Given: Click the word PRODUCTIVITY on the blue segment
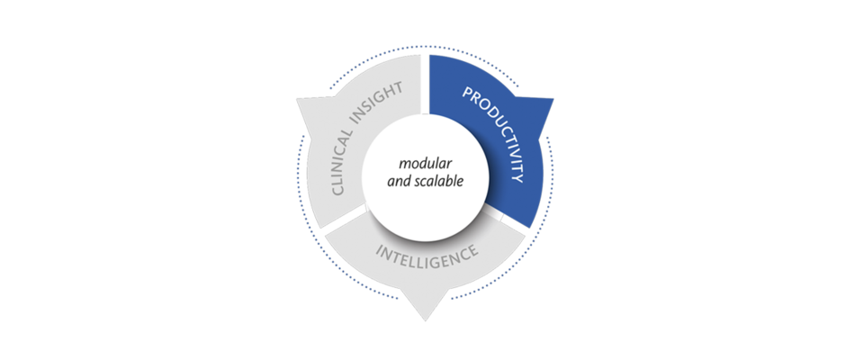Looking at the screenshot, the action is coord(497,131).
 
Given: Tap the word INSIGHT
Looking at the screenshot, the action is coord(384,101).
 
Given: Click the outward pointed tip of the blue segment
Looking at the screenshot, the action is coord(553,99).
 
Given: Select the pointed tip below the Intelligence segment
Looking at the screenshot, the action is coord(426,320).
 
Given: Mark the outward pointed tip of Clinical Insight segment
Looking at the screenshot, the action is coord(298,100).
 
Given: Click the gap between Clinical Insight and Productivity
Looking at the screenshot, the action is coord(426,84).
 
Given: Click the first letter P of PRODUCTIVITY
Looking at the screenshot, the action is coord(467,94).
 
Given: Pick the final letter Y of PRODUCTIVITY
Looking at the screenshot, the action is coord(515,178).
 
